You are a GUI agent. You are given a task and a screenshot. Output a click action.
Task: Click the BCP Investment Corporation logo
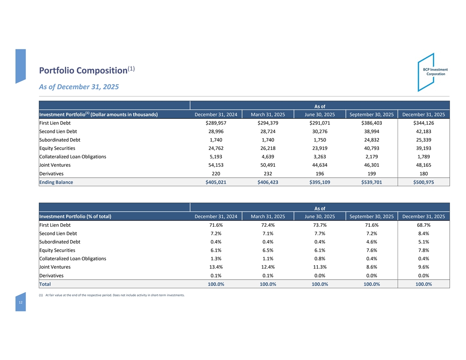click(x=432, y=72)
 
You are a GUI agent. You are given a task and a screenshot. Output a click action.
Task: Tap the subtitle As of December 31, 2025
click(x=79, y=87)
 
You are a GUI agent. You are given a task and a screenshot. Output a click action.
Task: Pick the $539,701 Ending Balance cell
click(x=372, y=182)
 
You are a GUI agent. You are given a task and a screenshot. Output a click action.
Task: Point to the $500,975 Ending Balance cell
click(x=423, y=182)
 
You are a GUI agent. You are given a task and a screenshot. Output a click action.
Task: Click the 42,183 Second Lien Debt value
click(x=423, y=131)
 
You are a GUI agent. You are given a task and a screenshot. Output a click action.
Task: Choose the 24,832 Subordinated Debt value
click(x=372, y=140)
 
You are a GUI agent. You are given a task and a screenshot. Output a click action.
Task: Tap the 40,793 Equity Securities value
click(x=372, y=148)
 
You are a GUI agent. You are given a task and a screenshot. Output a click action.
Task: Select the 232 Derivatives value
click(x=268, y=174)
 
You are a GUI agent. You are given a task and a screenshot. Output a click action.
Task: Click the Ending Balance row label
click(x=56, y=182)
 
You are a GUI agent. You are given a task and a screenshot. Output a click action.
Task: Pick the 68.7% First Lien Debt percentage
click(x=423, y=225)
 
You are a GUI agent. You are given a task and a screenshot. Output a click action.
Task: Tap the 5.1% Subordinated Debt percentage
click(x=423, y=242)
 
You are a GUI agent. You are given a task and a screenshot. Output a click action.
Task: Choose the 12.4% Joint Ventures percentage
click(x=268, y=267)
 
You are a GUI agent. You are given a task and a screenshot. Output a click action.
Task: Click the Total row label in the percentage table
click(x=45, y=284)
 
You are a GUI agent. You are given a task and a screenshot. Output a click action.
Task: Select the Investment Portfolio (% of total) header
click(x=75, y=216)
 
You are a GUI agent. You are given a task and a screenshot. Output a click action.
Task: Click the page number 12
click(x=20, y=304)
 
